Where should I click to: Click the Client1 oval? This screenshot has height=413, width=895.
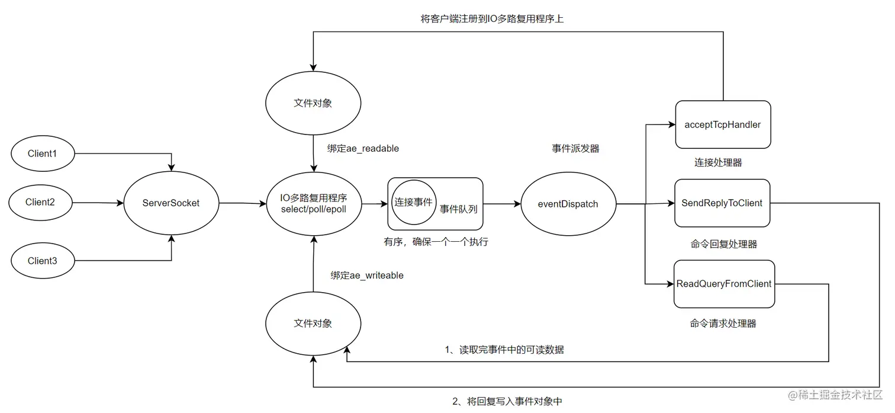tap(42, 153)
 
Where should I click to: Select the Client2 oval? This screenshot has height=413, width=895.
tap(40, 202)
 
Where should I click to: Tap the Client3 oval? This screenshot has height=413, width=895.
tap(42, 260)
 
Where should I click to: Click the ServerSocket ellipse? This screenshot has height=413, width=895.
tap(171, 203)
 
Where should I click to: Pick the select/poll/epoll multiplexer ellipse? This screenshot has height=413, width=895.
tap(314, 203)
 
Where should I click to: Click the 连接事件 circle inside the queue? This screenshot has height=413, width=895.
tap(414, 202)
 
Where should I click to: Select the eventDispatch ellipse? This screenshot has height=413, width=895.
tap(568, 204)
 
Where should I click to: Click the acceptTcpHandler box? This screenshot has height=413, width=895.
tap(722, 124)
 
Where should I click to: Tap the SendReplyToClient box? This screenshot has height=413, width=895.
tap(722, 203)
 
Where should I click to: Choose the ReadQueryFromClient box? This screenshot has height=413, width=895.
tap(724, 284)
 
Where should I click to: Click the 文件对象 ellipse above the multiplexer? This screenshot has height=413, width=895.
tap(313, 103)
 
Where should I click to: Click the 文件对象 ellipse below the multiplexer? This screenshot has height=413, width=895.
tap(313, 324)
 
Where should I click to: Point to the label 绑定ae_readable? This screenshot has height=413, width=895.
tap(363, 149)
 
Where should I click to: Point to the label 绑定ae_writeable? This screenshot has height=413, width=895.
tap(367, 276)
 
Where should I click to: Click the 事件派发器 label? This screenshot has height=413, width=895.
tap(575, 149)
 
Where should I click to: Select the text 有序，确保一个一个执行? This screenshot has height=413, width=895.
tap(436, 242)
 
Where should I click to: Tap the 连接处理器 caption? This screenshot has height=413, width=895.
tap(718, 162)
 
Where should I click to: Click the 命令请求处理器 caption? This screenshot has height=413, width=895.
tap(723, 324)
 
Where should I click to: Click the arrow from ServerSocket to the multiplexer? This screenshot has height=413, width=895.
tap(242, 204)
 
